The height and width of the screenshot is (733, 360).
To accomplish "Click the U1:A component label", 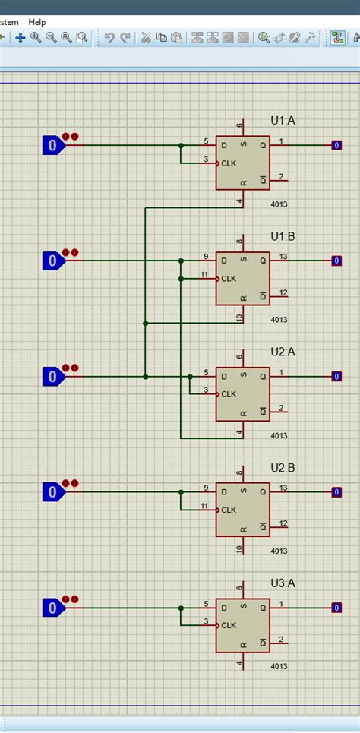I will click(283, 121).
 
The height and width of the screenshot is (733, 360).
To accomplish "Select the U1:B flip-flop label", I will click(283, 237).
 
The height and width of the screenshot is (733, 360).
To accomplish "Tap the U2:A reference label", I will click(283, 352).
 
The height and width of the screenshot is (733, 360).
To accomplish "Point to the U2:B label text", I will click(283, 468).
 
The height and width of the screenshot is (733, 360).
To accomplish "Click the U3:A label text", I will click(283, 583).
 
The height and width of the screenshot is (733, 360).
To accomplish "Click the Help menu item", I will click(37, 22).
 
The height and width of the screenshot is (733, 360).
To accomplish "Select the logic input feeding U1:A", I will click(52, 145).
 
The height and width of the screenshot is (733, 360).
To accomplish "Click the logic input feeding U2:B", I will click(52, 492).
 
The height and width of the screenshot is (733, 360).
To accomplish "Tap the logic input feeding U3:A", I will click(52, 608).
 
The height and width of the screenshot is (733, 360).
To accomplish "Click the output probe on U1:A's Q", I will click(336, 145).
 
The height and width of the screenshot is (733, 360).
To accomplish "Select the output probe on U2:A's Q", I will click(336, 377).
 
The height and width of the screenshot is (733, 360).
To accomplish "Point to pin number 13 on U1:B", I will click(283, 257).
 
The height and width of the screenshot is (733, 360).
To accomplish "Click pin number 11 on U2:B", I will click(204, 505).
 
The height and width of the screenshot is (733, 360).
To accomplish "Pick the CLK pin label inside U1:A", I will click(229, 163).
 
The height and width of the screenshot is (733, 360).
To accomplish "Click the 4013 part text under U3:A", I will click(279, 667).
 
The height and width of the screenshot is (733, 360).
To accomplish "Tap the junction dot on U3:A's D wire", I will click(181, 608).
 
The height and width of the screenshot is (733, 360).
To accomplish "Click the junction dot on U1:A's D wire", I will click(181, 145).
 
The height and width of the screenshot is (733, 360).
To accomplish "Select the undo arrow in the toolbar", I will click(109, 37).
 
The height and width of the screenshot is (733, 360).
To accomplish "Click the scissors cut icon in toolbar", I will click(145, 37).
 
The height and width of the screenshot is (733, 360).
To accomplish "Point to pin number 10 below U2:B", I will click(240, 549).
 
